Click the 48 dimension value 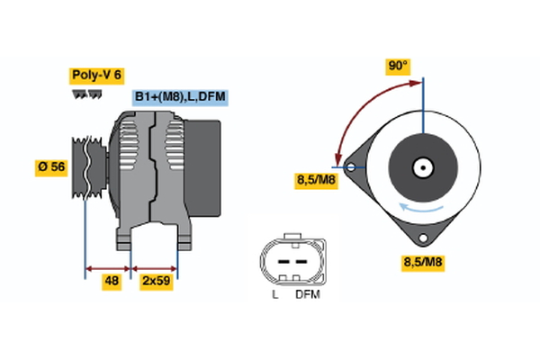[112, 282]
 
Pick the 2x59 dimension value [156, 282]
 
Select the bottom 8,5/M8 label [423, 263]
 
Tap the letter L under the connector [275, 294]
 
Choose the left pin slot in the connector [279, 261]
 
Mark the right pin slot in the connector [298, 261]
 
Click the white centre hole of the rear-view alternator [421, 167]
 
